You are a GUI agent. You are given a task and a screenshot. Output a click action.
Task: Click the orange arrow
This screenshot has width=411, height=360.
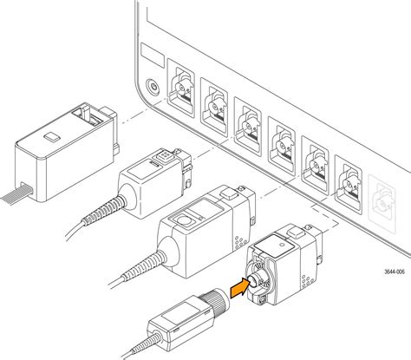[x=239, y=288]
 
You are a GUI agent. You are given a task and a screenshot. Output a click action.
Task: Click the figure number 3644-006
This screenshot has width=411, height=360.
[x=395, y=272]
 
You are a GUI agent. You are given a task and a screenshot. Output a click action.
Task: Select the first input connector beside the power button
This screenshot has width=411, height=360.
[x=181, y=88]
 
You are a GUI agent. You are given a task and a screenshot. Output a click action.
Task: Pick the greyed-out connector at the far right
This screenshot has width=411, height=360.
[x=382, y=204]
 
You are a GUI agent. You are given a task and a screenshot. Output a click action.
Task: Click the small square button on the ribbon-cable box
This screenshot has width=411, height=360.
[x=52, y=137]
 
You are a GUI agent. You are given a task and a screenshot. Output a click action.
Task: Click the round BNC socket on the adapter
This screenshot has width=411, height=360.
[x=253, y=279]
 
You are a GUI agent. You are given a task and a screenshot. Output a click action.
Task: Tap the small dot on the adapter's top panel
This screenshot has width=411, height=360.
[x=282, y=245]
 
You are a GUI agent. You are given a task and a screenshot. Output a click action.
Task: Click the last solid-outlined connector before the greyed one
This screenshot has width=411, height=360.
[x=349, y=185]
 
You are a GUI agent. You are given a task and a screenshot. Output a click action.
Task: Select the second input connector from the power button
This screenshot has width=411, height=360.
[x=214, y=107]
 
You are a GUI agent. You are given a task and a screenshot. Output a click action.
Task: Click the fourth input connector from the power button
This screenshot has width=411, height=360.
[x=282, y=146]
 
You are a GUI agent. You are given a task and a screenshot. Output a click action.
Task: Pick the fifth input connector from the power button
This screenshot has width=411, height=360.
[x=315, y=165]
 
